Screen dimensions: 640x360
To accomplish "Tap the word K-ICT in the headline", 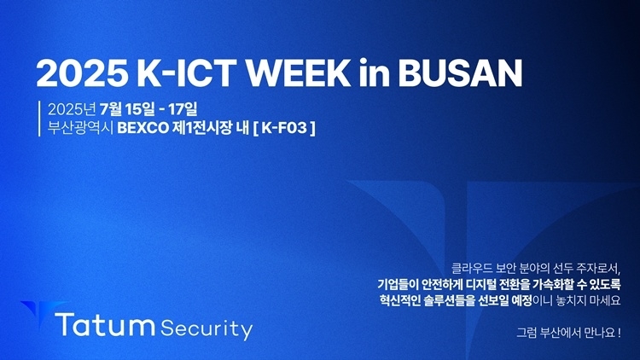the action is pyautogui.click(x=187, y=73).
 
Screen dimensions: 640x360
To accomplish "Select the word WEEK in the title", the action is pyautogui.click(x=300, y=73).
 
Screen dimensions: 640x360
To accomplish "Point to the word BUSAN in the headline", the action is pyautogui.click(x=460, y=73).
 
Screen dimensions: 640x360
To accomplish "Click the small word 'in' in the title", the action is pyautogui.click(x=375, y=73).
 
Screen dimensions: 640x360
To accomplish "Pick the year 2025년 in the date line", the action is pyautogui.click(x=72, y=109).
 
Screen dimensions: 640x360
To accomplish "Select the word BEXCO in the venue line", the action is pyautogui.click(x=143, y=128).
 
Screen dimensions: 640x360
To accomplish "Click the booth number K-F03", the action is pyautogui.click(x=284, y=128).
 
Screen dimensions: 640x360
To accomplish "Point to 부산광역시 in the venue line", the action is pyautogui.click(x=80, y=128).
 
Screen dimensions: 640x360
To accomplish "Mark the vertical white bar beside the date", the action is pyautogui.click(x=39, y=119).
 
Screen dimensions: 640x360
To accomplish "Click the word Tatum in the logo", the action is pyautogui.click(x=105, y=325).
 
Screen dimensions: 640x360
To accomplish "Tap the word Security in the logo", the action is pyautogui.click(x=207, y=329).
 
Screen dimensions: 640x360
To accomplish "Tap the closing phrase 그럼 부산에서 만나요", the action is pyautogui.click(x=568, y=332).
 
